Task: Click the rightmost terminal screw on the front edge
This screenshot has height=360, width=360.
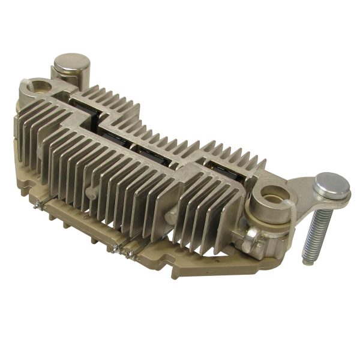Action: pos(134,254)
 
